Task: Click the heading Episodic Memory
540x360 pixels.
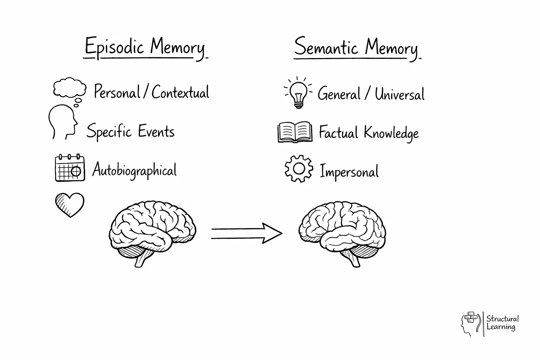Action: tap(145, 48)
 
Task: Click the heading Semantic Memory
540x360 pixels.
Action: tap(356, 48)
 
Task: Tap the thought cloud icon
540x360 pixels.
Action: tap(69, 88)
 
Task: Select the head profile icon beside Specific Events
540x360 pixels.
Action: tap(63, 122)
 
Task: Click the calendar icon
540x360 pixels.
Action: tap(70, 168)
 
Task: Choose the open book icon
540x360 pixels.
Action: tap(295, 132)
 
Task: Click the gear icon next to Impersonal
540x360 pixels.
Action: tap(298, 169)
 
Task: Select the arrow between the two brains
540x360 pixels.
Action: tap(246, 233)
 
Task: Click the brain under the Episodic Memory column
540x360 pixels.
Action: tap(152, 232)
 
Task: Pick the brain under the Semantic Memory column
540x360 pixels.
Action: tap(342, 232)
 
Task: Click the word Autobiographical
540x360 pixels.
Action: tap(134, 170)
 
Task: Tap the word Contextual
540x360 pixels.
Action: tap(180, 92)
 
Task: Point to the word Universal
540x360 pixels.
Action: tap(399, 94)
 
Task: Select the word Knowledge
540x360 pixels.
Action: tap(391, 133)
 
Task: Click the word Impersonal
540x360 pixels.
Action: tap(349, 172)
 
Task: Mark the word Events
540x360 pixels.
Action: tap(156, 131)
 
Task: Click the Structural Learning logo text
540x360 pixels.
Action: tap(502, 323)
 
